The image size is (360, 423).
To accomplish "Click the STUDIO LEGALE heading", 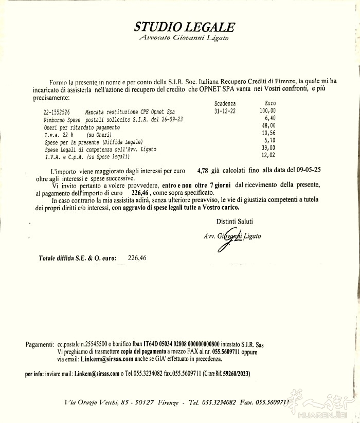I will (185, 27).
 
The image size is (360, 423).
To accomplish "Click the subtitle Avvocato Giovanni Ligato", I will (184, 38).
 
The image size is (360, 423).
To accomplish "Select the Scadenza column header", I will (225, 103).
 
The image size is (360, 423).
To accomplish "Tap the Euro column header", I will (269, 103).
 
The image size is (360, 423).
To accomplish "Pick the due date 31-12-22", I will (225, 111).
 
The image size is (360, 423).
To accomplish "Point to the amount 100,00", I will (267, 111).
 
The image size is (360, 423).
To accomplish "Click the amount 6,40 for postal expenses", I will (269, 118).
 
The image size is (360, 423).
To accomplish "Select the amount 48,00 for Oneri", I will (268, 126).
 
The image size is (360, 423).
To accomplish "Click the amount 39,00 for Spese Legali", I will (268, 149).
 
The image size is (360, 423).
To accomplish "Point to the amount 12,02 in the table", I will (268, 156).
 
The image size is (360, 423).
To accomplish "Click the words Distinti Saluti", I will (235, 221).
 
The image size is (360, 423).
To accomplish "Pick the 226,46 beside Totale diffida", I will (137, 258).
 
